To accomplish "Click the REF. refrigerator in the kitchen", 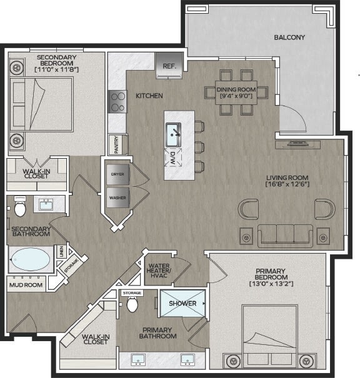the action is [169, 66].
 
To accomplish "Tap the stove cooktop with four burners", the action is [117, 101].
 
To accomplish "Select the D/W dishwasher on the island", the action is [173, 158].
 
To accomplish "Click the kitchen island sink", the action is [173, 134].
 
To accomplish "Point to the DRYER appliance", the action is [117, 174].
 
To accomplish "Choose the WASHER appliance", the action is [117, 197].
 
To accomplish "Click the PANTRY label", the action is [116, 145].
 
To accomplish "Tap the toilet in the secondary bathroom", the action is [20, 206].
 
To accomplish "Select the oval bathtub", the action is [31, 259].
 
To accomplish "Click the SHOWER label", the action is [182, 303].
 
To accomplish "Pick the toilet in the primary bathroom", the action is [132, 304].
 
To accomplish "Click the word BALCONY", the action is [289, 37].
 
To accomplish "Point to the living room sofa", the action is [285, 236].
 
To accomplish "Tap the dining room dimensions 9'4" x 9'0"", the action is [236, 96].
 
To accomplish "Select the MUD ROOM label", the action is [26, 285].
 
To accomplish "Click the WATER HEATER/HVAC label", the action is [159, 271].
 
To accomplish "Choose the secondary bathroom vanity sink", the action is [46, 204].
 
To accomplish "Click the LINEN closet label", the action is [62, 251].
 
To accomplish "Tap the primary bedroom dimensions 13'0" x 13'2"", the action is [271, 284].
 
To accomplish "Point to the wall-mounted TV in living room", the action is [298, 144].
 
